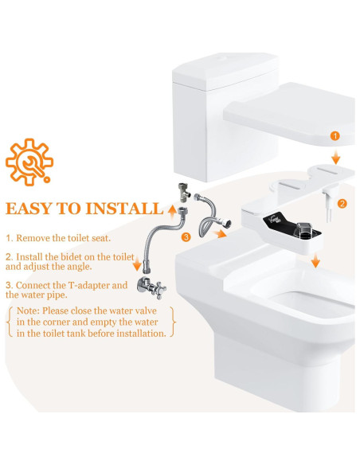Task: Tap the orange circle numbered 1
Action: (335, 137)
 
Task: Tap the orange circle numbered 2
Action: (342, 204)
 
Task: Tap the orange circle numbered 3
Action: (186, 236)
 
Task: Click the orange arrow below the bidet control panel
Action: (317, 260)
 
